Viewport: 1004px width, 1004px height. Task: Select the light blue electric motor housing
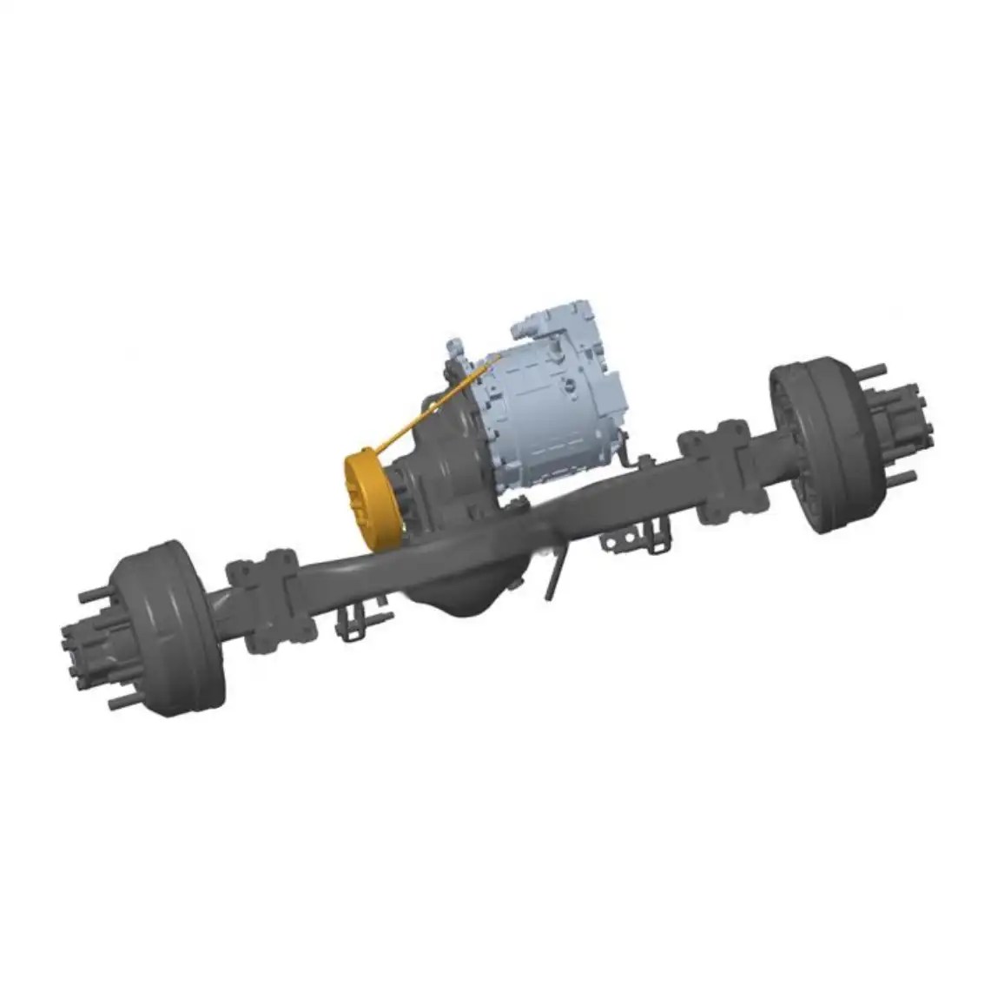point(556,408)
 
